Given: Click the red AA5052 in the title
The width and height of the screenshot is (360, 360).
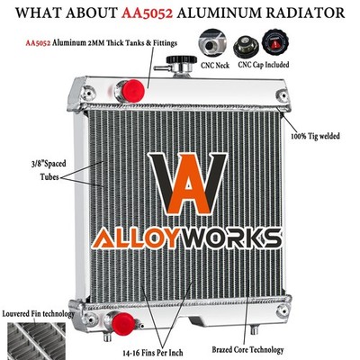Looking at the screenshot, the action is pyautogui.click(x=148, y=13).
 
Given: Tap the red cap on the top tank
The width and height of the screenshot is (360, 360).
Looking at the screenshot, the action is pyautogui.click(x=133, y=90).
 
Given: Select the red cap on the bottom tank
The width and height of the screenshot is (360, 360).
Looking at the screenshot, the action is pyautogui.click(x=123, y=324).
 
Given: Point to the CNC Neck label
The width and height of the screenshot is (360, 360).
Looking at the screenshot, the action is pyautogui.click(x=215, y=65).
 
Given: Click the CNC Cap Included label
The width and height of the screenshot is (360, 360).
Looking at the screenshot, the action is pyautogui.click(x=264, y=65).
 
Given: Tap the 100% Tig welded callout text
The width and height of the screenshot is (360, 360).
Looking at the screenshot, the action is pyautogui.click(x=315, y=136).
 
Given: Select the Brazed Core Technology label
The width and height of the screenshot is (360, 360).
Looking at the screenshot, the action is pyautogui.click(x=247, y=349).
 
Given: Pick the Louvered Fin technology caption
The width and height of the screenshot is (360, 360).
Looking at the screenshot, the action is pyautogui.click(x=38, y=314).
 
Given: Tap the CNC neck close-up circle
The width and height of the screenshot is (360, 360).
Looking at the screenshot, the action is pyautogui.click(x=212, y=44).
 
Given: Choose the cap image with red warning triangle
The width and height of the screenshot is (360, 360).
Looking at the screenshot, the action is pyautogui.click(x=275, y=42).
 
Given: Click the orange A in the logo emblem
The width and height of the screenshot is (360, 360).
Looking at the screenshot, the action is pyautogui.click(x=188, y=186).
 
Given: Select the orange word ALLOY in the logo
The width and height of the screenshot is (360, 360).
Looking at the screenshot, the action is pyautogui.click(x=134, y=238).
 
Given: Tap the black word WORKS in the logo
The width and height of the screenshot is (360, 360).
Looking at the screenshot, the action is pyautogui.click(x=229, y=238).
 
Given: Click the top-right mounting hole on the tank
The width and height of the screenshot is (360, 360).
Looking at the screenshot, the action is pyautogui.click(x=283, y=95).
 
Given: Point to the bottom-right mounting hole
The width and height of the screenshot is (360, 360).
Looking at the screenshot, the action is pyautogui.click(x=283, y=310).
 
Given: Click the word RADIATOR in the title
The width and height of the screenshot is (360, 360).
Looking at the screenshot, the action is pyautogui.click(x=305, y=13).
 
